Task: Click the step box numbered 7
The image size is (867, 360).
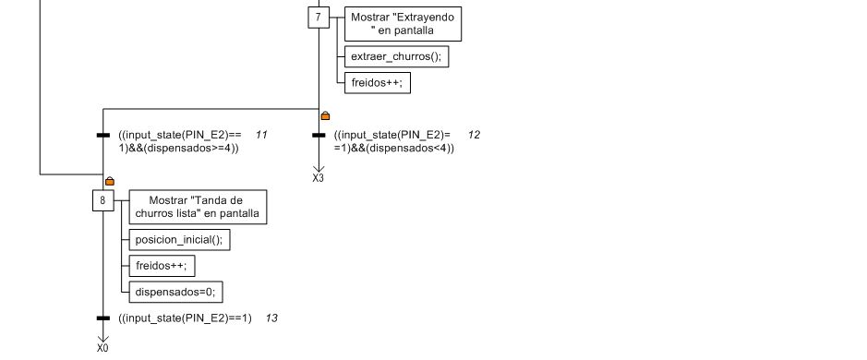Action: coord(318,18)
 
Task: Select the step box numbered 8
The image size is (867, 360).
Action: coord(102,200)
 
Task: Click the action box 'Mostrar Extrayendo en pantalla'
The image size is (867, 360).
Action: coord(403,24)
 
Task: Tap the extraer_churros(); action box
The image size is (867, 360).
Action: coord(396,56)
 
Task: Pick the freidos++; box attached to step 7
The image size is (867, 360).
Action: coord(377,83)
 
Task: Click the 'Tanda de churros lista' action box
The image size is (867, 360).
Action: coord(198,207)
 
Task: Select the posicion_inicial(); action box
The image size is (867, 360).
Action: coord(179,240)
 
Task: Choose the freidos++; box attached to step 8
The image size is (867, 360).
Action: coord(162,266)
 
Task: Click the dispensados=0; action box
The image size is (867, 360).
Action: coord(175,292)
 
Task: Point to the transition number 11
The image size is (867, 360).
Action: coord(261,135)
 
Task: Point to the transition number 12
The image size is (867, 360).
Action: coord(474,135)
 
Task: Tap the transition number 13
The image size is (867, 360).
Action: coord(271,318)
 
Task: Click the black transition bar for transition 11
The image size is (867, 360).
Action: coord(102,135)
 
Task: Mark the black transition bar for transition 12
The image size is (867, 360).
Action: coord(319,135)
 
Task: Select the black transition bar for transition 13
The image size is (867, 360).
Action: coord(102,318)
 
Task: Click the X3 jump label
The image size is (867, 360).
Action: coord(318,178)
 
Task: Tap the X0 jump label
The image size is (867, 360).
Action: coord(102,348)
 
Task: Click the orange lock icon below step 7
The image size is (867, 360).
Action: coord(325,115)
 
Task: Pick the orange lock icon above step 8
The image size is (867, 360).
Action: coord(110,180)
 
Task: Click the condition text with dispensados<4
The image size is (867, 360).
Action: coord(393,141)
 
